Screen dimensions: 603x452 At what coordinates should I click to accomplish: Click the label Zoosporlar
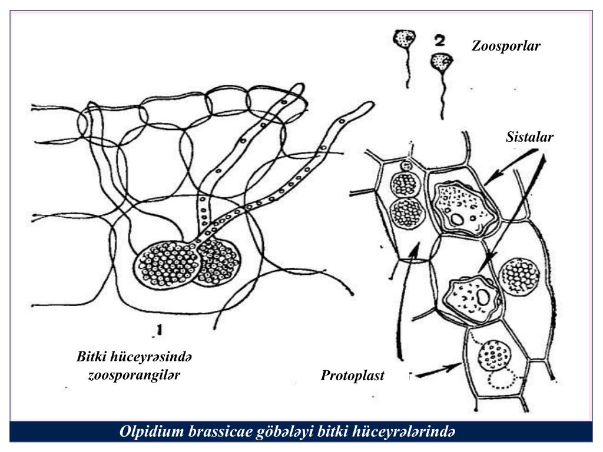click(x=506, y=46)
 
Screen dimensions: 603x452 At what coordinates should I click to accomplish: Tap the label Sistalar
click(x=529, y=138)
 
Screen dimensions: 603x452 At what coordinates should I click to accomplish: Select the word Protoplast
click(x=352, y=375)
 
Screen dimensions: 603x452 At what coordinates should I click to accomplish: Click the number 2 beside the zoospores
click(x=439, y=41)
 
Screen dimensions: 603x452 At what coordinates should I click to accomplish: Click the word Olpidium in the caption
click(x=152, y=432)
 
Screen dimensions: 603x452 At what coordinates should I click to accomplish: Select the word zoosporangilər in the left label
click(x=134, y=375)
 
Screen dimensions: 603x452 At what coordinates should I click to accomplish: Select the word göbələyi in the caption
click(x=281, y=432)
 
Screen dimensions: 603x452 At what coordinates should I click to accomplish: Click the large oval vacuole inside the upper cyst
click(x=457, y=220)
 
